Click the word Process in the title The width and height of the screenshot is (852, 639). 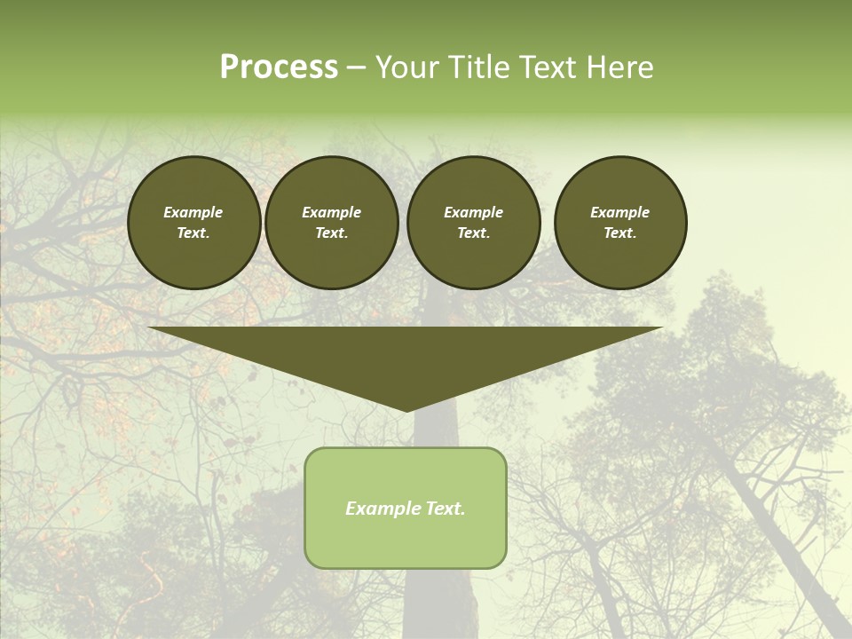(279, 67)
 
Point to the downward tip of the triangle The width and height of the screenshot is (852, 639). (406, 409)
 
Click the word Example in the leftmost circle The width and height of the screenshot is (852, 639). (193, 212)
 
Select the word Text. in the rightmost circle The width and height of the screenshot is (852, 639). (620, 233)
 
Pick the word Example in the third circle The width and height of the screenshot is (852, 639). (473, 212)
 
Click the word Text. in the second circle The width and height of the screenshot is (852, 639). (331, 233)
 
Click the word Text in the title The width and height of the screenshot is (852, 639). (550, 67)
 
